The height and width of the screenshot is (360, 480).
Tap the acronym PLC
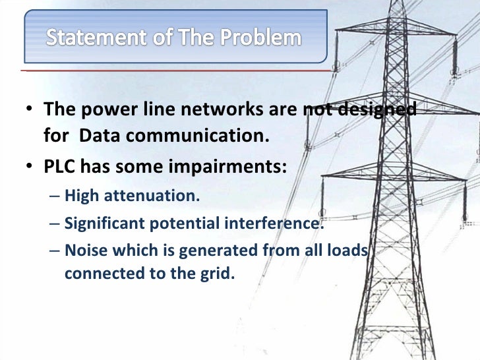(x=59, y=166)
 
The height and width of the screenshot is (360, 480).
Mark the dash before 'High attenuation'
(x=54, y=196)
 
